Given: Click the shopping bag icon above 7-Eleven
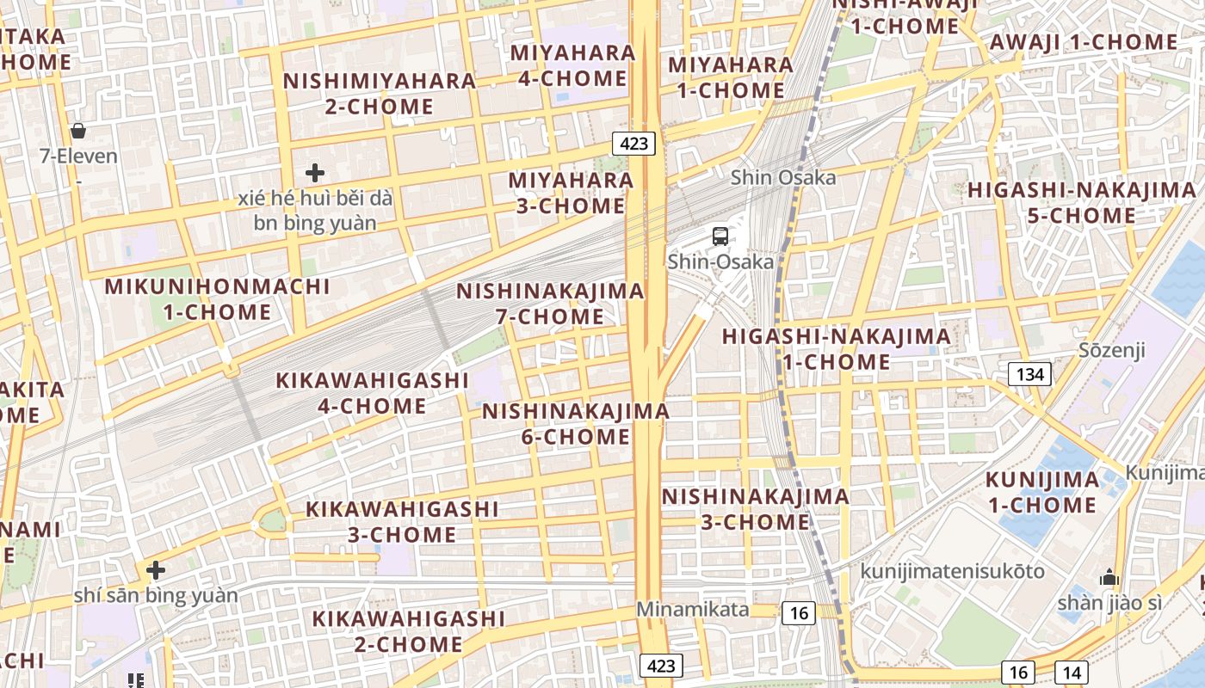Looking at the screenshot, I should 78,131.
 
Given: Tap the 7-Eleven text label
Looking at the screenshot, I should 78,157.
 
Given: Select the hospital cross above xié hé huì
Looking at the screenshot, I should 315,173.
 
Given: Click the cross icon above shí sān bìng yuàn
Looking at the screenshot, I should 156,569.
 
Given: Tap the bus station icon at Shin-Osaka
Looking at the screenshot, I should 720,236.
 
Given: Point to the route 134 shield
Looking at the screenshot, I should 1029,373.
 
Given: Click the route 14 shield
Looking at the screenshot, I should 1072,673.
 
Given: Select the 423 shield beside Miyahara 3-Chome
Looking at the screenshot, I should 634,143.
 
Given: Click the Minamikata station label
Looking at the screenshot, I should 693,610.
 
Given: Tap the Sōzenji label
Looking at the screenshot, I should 1112,350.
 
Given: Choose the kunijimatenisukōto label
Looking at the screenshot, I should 953,571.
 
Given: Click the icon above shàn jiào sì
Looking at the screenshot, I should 1109,577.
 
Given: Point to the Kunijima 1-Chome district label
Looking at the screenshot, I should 1042,492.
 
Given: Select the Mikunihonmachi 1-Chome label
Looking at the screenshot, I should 218,299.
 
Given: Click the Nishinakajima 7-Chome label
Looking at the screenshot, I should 551,304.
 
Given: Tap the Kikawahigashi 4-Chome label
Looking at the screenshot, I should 372,392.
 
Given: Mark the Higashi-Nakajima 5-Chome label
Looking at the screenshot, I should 1082,203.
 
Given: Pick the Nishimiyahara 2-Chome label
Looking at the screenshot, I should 380,94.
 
